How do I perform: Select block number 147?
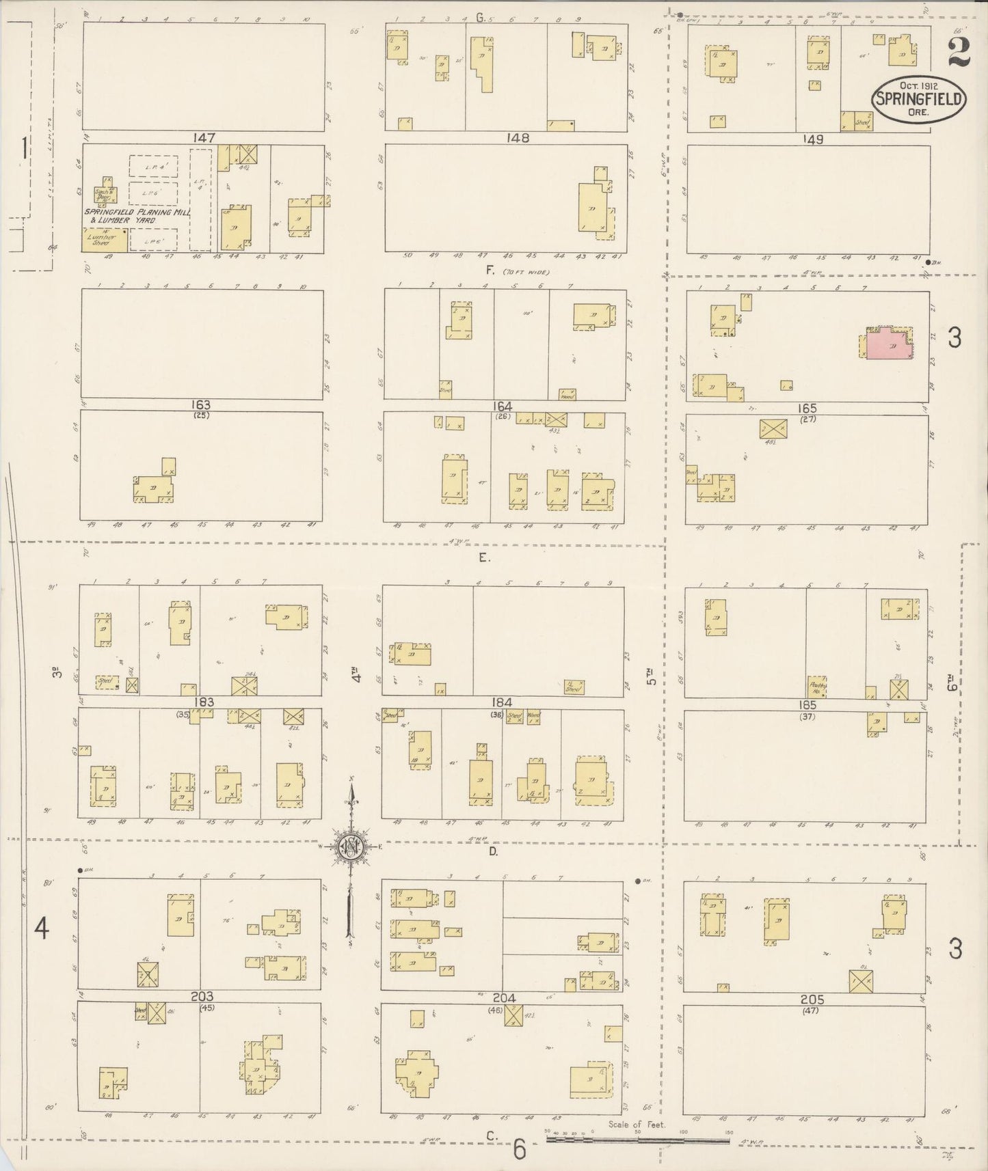pyautogui.click(x=203, y=138)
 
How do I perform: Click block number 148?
pyautogui.click(x=518, y=138)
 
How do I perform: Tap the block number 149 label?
pyautogui.click(x=813, y=139)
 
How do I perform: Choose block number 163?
pyautogui.click(x=202, y=405)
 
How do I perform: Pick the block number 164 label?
pyautogui.click(x=503, y=406)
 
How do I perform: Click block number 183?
pyautogui.click(x=203, y=702)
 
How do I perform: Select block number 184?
pyautogui.click(x=501, y=702)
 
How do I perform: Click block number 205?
pyautogui.click(x=812, y=1000)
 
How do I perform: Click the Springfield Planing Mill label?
pyautogui.click(x=136, y=212)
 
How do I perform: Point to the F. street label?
pyautogui.click(x=490, y=271)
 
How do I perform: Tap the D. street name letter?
pyautogui.click(x=493, y=851)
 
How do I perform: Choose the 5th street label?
pyautogui.click(x=652, y=676)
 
